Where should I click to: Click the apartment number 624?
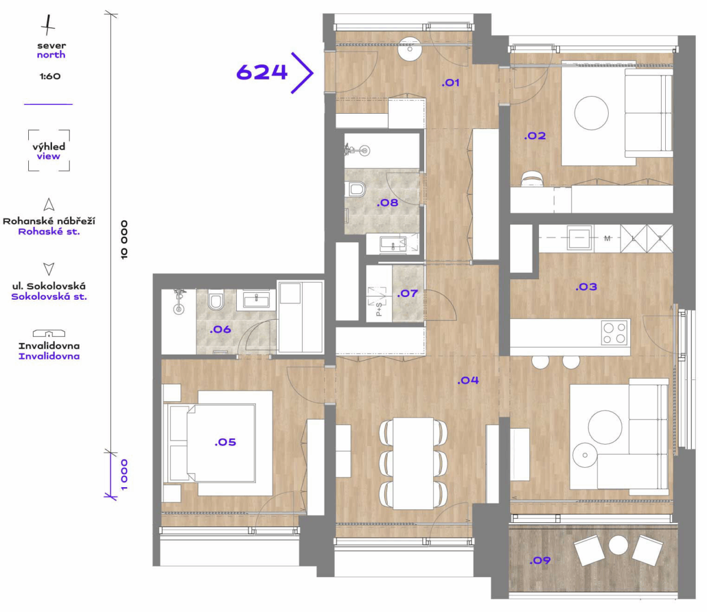262,72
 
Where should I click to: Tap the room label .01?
450,82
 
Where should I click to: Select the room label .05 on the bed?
226,442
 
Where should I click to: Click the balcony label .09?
540,560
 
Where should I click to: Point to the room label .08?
388,203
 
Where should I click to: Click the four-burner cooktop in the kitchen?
615,333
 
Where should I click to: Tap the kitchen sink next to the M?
579,239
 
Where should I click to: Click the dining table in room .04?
413,464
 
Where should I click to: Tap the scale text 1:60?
50,76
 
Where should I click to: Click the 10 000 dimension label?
124,240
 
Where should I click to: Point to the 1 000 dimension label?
124,475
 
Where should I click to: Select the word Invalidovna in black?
49,346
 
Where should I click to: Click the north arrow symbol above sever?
48,25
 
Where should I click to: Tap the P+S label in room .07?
379,309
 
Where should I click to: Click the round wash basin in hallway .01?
409,49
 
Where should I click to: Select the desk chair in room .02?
532,178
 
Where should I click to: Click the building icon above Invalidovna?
49,333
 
